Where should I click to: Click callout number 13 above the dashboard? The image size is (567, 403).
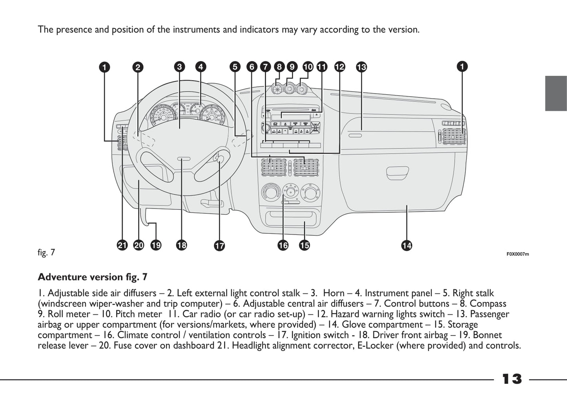361,67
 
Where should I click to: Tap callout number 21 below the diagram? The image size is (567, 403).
122,245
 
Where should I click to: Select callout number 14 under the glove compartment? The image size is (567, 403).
407,246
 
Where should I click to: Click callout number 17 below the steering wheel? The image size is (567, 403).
219,246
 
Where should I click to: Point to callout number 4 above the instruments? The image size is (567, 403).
201,67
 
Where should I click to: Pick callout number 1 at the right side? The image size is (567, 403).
462,67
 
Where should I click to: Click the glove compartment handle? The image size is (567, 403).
397,172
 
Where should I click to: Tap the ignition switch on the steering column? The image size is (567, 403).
219,159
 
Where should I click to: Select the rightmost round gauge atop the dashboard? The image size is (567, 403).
301,90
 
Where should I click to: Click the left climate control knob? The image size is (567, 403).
270,193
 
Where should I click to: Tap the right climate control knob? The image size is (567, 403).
310,193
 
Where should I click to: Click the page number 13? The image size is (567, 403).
512,379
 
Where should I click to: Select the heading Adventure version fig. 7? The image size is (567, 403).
93,277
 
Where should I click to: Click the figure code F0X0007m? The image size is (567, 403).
518,254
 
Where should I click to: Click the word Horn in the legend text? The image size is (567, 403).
334,293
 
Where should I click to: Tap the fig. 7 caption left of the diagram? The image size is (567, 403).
46,253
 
